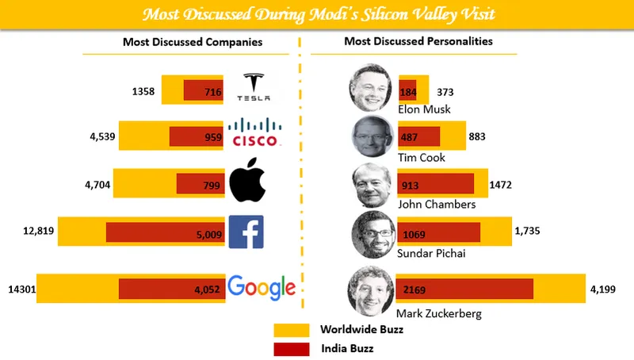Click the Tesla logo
tap(255, 87)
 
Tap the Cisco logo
tap(255, 132)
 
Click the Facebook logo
tap(246, 232)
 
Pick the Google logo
tap(262, 287)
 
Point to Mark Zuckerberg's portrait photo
tap(369, 289)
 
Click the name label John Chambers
tap(436, 204)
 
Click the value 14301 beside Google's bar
tap(16, 289)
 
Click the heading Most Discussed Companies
tap(193, 41)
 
